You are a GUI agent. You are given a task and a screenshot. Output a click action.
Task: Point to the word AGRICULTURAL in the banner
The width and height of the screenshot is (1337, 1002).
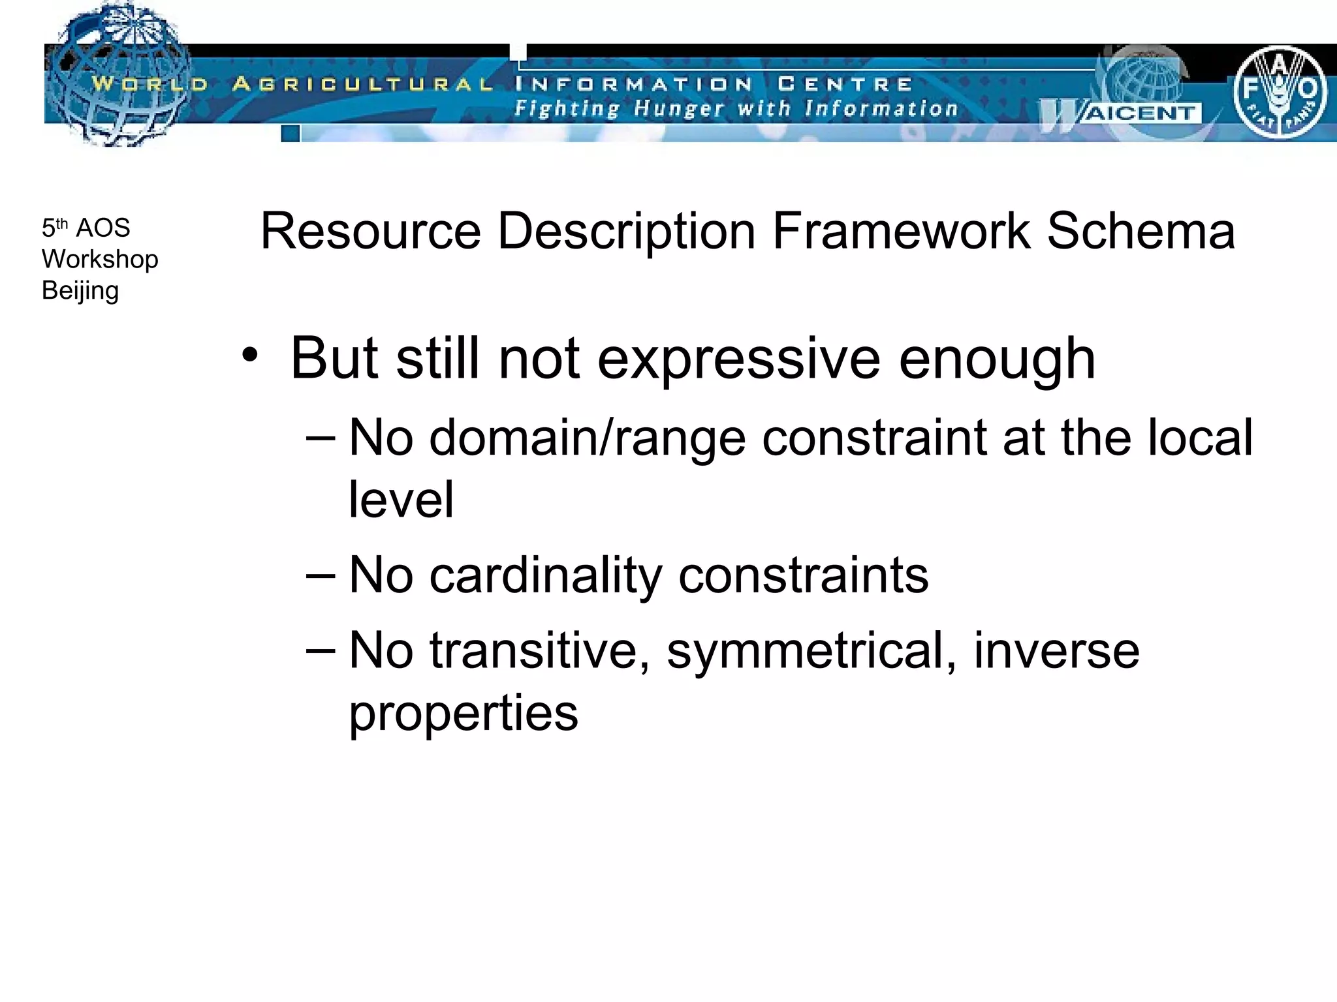[363, 84]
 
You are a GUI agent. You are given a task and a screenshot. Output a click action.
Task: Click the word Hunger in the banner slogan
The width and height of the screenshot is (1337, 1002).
[678, 108]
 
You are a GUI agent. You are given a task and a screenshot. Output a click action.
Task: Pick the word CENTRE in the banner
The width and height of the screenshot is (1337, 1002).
[845, 84]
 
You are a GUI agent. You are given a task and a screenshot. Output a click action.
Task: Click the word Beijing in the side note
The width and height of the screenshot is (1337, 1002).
[80, 291]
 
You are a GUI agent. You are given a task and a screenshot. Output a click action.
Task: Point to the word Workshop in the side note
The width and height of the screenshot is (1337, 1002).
[100, 260]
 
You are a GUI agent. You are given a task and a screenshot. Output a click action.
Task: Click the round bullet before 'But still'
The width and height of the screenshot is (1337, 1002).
[249, 356]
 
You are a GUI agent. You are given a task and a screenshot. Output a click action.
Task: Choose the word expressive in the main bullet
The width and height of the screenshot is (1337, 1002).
[738, 359]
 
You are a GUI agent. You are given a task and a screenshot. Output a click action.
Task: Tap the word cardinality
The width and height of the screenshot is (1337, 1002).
[546, 575]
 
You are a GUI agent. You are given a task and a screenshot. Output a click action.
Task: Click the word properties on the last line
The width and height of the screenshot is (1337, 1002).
[464, 713]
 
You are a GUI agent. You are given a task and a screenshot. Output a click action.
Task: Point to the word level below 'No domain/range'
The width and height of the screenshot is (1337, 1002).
[401, 500]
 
